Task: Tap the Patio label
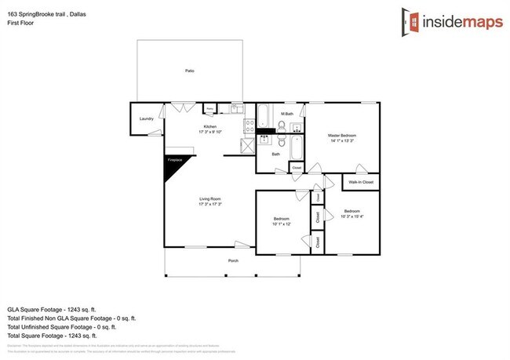pos(190,71)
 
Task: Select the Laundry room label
pos(146,118)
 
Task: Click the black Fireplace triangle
pos(172,167)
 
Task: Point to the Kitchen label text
pos(209,126)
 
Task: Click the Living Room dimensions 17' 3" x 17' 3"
pos(209,204)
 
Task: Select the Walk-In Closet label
pos(361,182)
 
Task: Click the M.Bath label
pos(287,115)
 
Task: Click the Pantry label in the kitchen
pos(210,108)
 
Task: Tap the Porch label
pos(233,260)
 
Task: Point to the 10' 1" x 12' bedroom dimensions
pos(281,224)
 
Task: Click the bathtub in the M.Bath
pos(264,117)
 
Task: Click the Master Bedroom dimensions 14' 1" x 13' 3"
pos(343,142)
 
